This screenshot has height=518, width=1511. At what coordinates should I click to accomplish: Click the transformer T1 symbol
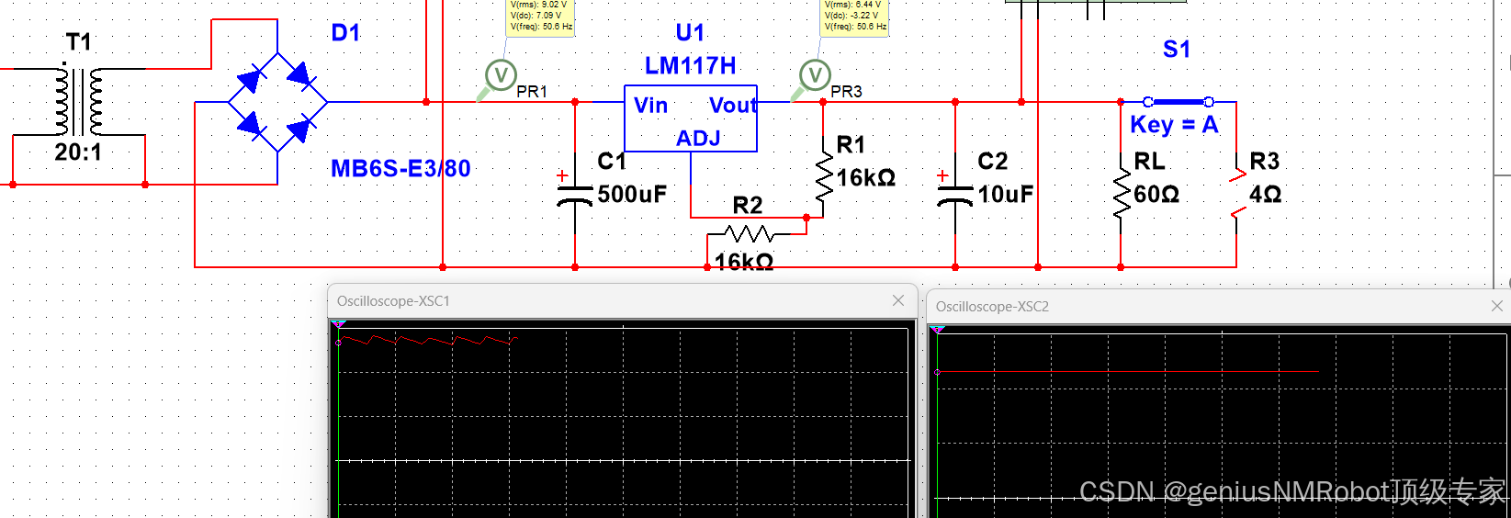tap(78, 101)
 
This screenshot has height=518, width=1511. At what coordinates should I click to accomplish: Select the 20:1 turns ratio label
tap(78, 152)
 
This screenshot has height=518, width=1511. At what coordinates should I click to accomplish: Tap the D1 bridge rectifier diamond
tap(277, 102)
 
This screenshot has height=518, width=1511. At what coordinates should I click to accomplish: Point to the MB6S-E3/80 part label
tap(400, 169)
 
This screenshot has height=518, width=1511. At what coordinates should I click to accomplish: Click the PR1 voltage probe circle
tap(501, 74)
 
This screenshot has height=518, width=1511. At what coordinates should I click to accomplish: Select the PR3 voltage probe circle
tap(815, 74)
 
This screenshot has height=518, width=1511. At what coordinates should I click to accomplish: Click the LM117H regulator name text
tap(690, 66)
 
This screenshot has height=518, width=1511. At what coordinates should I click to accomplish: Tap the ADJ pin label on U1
tap(698, 139)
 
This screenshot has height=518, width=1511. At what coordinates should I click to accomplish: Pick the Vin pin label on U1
tap(650, 106)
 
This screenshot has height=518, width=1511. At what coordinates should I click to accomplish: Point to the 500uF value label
tap(632, 195)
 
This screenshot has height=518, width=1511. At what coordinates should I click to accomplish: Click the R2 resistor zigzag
tap(750, 233)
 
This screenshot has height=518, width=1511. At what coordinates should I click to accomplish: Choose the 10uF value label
tap(1006, 195)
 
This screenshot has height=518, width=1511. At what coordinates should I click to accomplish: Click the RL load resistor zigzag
tap(1121, 195)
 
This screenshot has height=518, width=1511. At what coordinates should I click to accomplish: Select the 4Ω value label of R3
tap(1265, 195)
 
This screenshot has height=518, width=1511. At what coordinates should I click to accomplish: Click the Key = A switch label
tap(1174, 125)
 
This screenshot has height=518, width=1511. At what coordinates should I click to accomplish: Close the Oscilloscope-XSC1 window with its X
tap(898, 300)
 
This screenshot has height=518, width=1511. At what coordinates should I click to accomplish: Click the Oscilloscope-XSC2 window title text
tap(992, 307)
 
